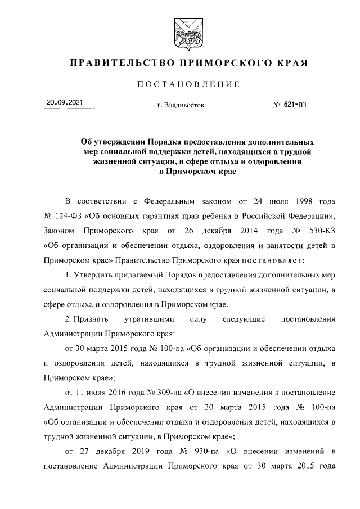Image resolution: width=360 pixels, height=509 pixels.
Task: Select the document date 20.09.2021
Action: coord(64,103)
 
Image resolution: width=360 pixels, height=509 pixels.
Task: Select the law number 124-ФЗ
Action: coord(66,216)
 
